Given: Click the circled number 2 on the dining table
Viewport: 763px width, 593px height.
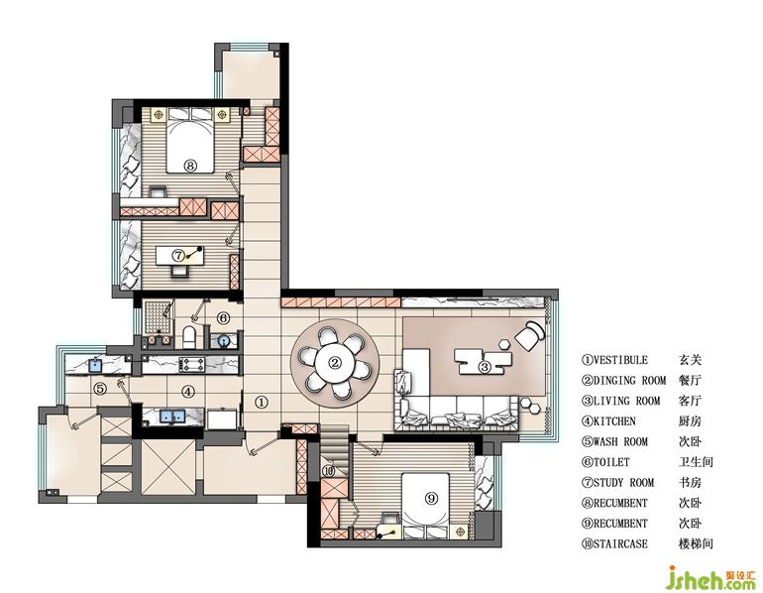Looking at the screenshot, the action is point(335,362).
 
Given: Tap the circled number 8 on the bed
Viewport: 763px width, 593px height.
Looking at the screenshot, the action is point(190,166).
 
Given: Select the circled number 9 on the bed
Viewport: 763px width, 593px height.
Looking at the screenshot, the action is point(431,498).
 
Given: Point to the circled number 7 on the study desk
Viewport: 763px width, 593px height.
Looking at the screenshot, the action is point(178,255).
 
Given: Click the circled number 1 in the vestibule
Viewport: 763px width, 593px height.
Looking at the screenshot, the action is point(262,403).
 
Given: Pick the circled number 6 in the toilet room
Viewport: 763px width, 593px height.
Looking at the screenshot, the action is point(222,318).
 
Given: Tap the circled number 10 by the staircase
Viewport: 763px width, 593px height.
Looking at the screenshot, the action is point(328,471).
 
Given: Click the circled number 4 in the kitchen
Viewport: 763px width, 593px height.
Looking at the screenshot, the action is point(188,391).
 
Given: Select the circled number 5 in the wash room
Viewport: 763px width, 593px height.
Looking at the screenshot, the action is point(100,389).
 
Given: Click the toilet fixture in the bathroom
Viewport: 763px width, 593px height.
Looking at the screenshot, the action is point(189,337).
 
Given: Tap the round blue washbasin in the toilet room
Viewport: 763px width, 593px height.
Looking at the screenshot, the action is point(224,340).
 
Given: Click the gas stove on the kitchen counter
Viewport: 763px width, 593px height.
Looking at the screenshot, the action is point(191,364).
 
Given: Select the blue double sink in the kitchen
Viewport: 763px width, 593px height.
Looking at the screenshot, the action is point(172,416).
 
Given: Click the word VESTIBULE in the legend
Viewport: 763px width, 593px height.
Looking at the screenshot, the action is point(621,360).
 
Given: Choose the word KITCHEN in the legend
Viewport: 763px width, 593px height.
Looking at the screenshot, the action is point(614,421).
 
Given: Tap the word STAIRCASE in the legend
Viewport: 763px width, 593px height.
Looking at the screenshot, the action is point(621,543).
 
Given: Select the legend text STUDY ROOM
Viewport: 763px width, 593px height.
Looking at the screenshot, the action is point(624,483).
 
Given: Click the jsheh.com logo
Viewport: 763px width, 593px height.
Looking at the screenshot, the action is point(711,578).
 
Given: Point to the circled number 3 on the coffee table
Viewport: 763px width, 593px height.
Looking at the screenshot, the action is point(485,367).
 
